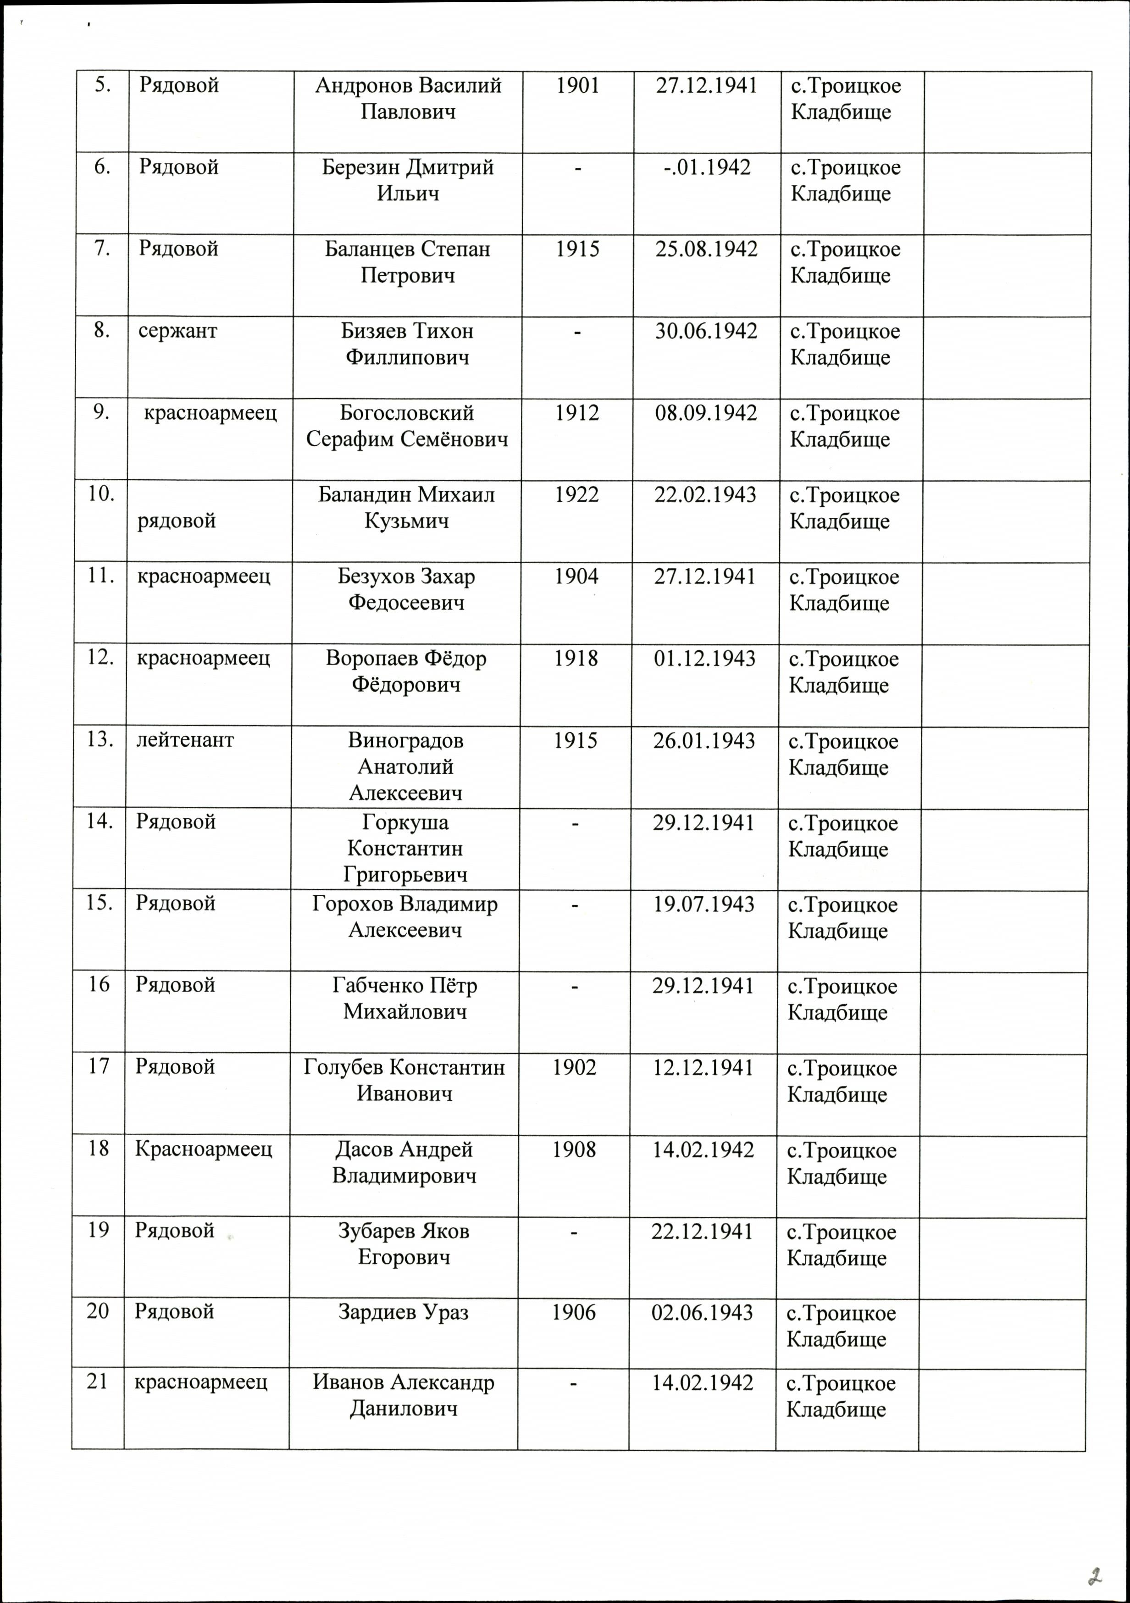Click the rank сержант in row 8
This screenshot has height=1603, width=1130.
pyautogui.click(x=178, y=331)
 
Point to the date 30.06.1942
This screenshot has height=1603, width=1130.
pyautogui.click(x=706, y=331)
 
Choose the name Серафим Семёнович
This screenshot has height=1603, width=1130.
pyautogui.click(x=407, y=439)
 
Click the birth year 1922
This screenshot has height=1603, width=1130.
pyautogui.click(x=576, y=495)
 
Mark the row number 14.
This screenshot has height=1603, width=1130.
pyautogui.click(x=100, y=822)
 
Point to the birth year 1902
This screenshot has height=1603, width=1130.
pyautogui.click(x=575, y=1067)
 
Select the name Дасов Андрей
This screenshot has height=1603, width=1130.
pyautogui.click(x=404, y=1149)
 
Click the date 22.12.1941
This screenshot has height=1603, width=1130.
pyautogui.click(x=702, y=1231)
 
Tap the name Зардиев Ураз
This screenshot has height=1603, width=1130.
pyautogui.click(x=404, y=1313)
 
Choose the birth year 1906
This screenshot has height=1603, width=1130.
pyautogui.click(x=574, y=1313)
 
